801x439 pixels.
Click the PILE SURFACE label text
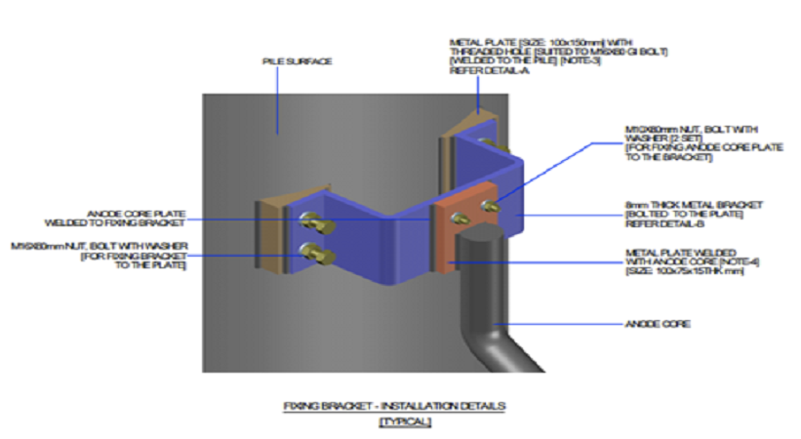[x=298, y=61]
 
